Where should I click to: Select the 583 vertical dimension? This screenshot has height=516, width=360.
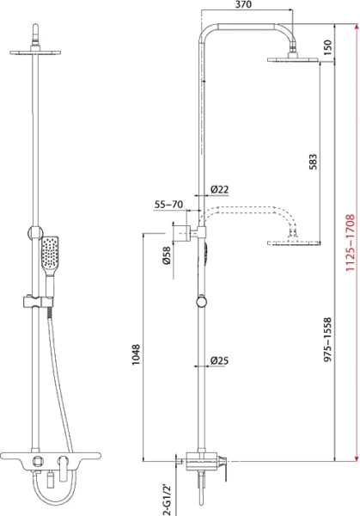pos(313,163)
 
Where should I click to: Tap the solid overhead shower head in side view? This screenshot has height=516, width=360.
pos(296,59)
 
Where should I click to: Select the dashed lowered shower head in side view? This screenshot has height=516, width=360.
pos(296,243)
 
